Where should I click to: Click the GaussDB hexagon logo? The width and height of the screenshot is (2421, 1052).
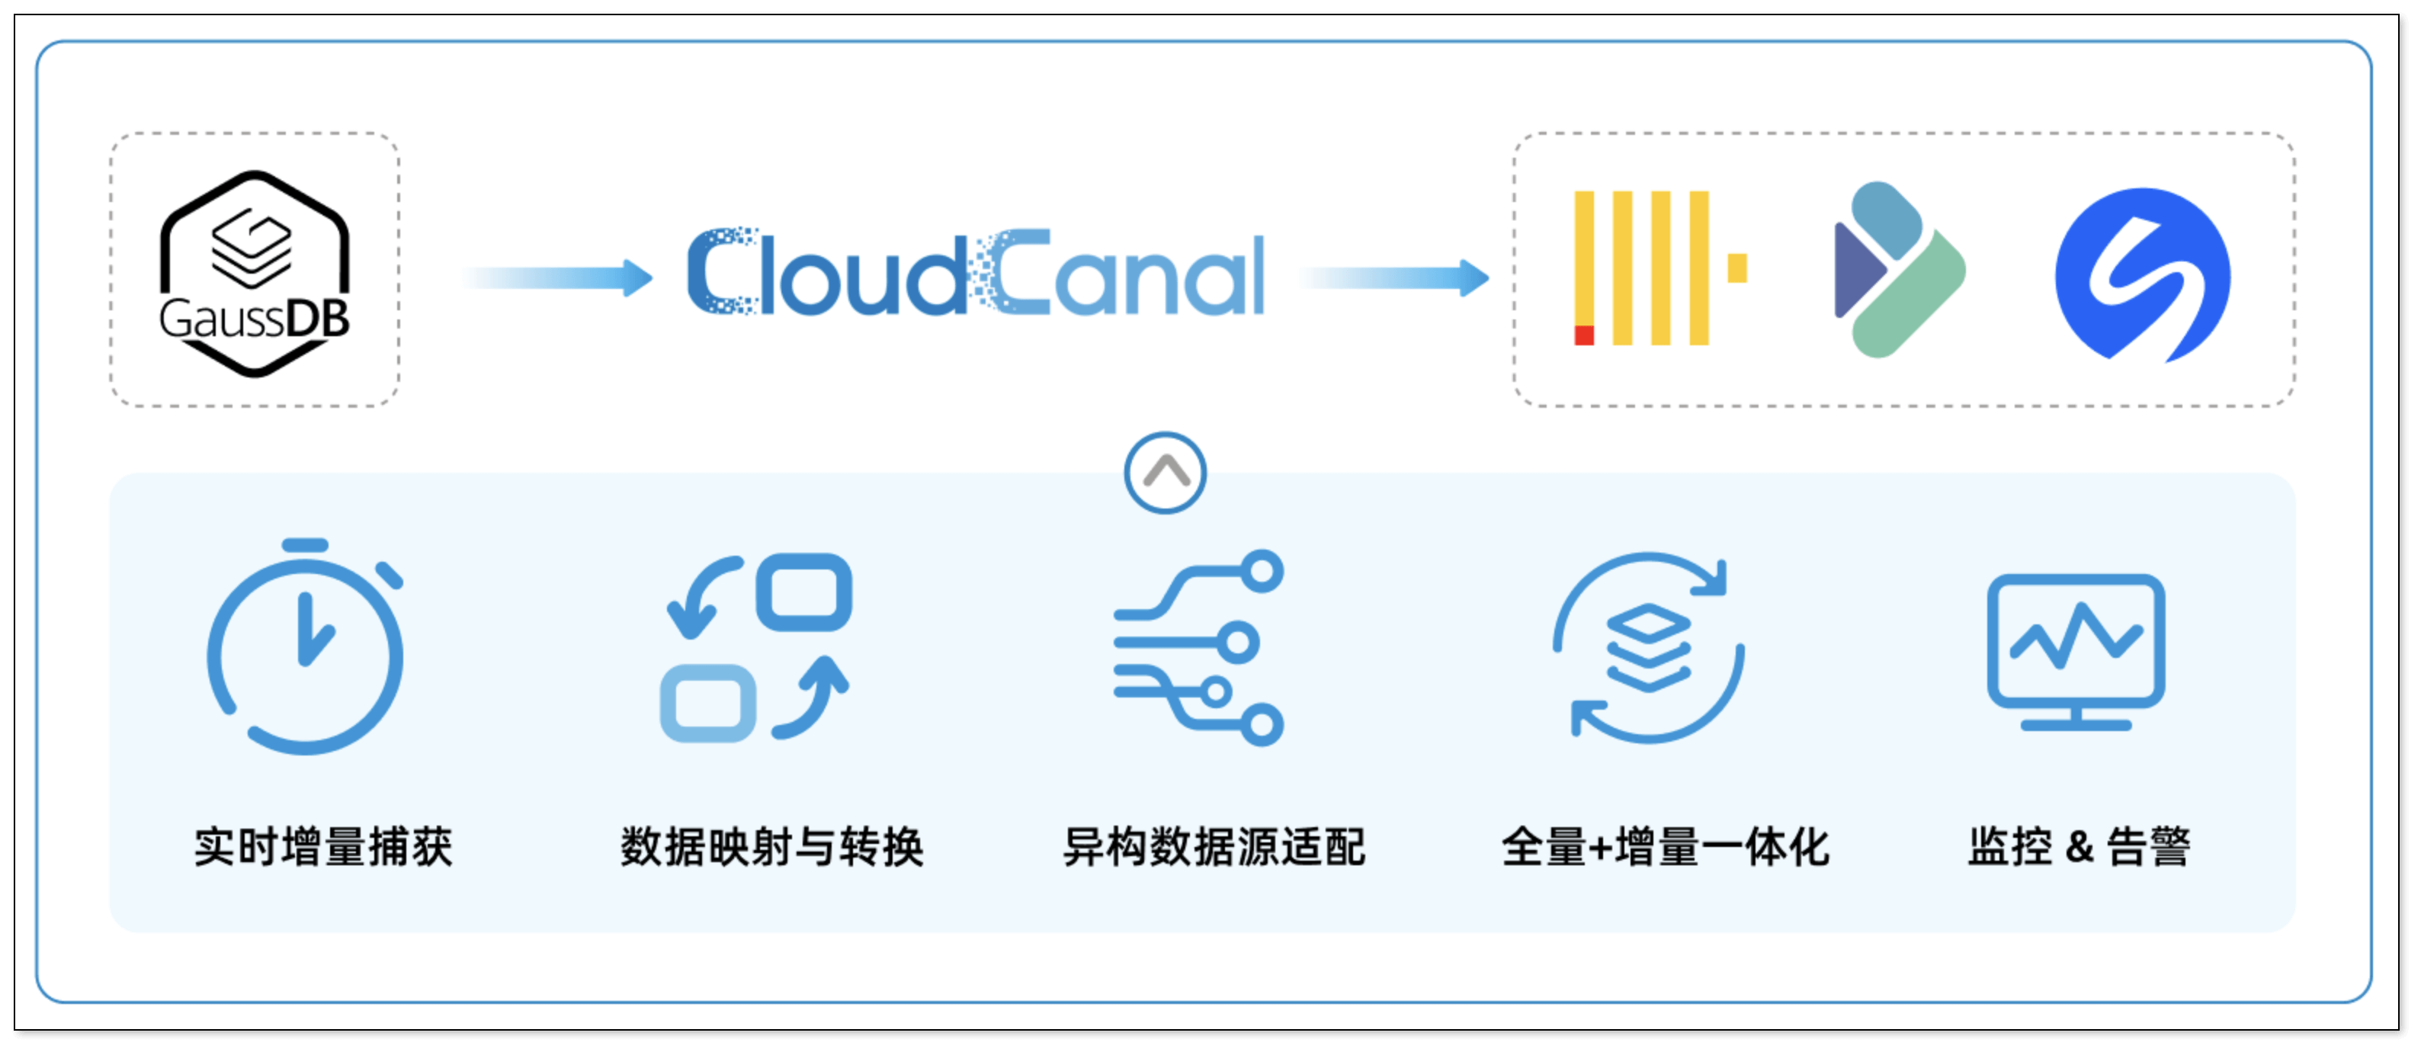pos(255,273)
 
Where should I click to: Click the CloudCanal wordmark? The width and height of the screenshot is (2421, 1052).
pos(976,273)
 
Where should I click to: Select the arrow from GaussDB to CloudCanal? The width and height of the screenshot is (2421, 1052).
pos(556,277)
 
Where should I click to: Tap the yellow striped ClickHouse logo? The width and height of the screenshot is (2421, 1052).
pos(1659,268)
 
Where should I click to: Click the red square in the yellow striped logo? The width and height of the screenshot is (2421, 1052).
pos(1583,335)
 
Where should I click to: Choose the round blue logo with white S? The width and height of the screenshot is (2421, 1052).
pos(2142,274)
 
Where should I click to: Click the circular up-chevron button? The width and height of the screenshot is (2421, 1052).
pos(1166,473)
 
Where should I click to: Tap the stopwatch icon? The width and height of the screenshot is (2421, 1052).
pos(306,649)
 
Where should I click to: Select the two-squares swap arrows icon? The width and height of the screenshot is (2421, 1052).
pos(756,649)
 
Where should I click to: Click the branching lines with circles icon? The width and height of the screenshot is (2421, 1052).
pos(1199,649)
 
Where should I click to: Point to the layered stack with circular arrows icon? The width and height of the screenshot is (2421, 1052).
pos(1649,649)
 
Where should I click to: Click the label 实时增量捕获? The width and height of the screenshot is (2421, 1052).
pos(323,847)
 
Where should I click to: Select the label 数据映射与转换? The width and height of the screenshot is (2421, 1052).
pos(771,847)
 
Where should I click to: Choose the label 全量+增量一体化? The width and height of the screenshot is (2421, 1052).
pos(1666,847)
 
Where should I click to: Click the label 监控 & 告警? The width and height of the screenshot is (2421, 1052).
pos(2079,847)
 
